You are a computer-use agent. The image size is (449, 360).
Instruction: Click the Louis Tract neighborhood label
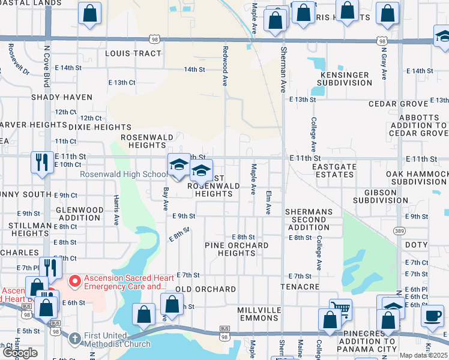[133, 53]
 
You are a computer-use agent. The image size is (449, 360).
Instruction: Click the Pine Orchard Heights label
[237, 249]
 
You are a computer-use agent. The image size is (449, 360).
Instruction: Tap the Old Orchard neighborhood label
[205, 289]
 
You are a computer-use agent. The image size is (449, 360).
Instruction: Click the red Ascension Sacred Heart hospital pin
[75, 280]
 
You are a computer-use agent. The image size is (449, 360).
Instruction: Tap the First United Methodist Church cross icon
[74, 338]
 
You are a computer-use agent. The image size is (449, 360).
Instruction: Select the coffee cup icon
[432, 316]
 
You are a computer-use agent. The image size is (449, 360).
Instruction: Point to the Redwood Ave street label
[225, 67]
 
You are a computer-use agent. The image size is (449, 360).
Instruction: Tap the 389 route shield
[399, 230]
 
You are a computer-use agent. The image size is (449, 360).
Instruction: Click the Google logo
[20, 353]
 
